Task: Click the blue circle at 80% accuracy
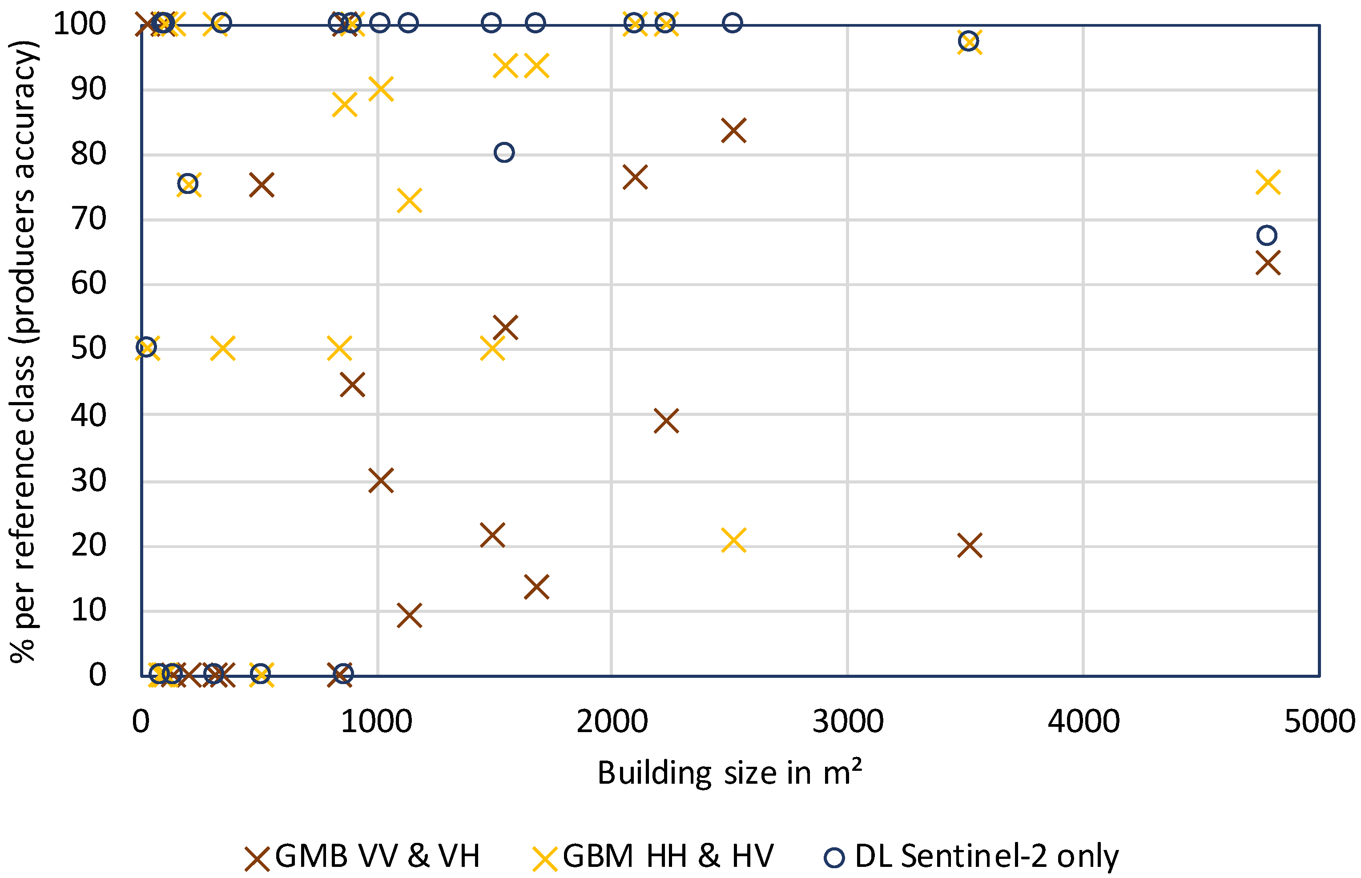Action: tap(504, 152)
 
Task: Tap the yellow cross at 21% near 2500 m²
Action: tap(733, 540)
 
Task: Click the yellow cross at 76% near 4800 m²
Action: tap(1268, 182)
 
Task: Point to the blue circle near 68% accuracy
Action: tap(1266, 235)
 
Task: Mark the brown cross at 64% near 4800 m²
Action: tap(1268, 263)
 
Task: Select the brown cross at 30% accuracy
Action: tap(381, 481)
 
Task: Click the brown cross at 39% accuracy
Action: tap(666, 421)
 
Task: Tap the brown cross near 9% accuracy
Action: tap(409, 616)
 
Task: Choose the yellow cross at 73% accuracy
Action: tap(409, 201)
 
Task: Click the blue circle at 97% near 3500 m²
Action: tap(968, 41)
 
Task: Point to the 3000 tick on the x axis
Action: tap(847, 721)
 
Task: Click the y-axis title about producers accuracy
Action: tap(23, 350)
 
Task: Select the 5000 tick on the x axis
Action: tap(1319, 721)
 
